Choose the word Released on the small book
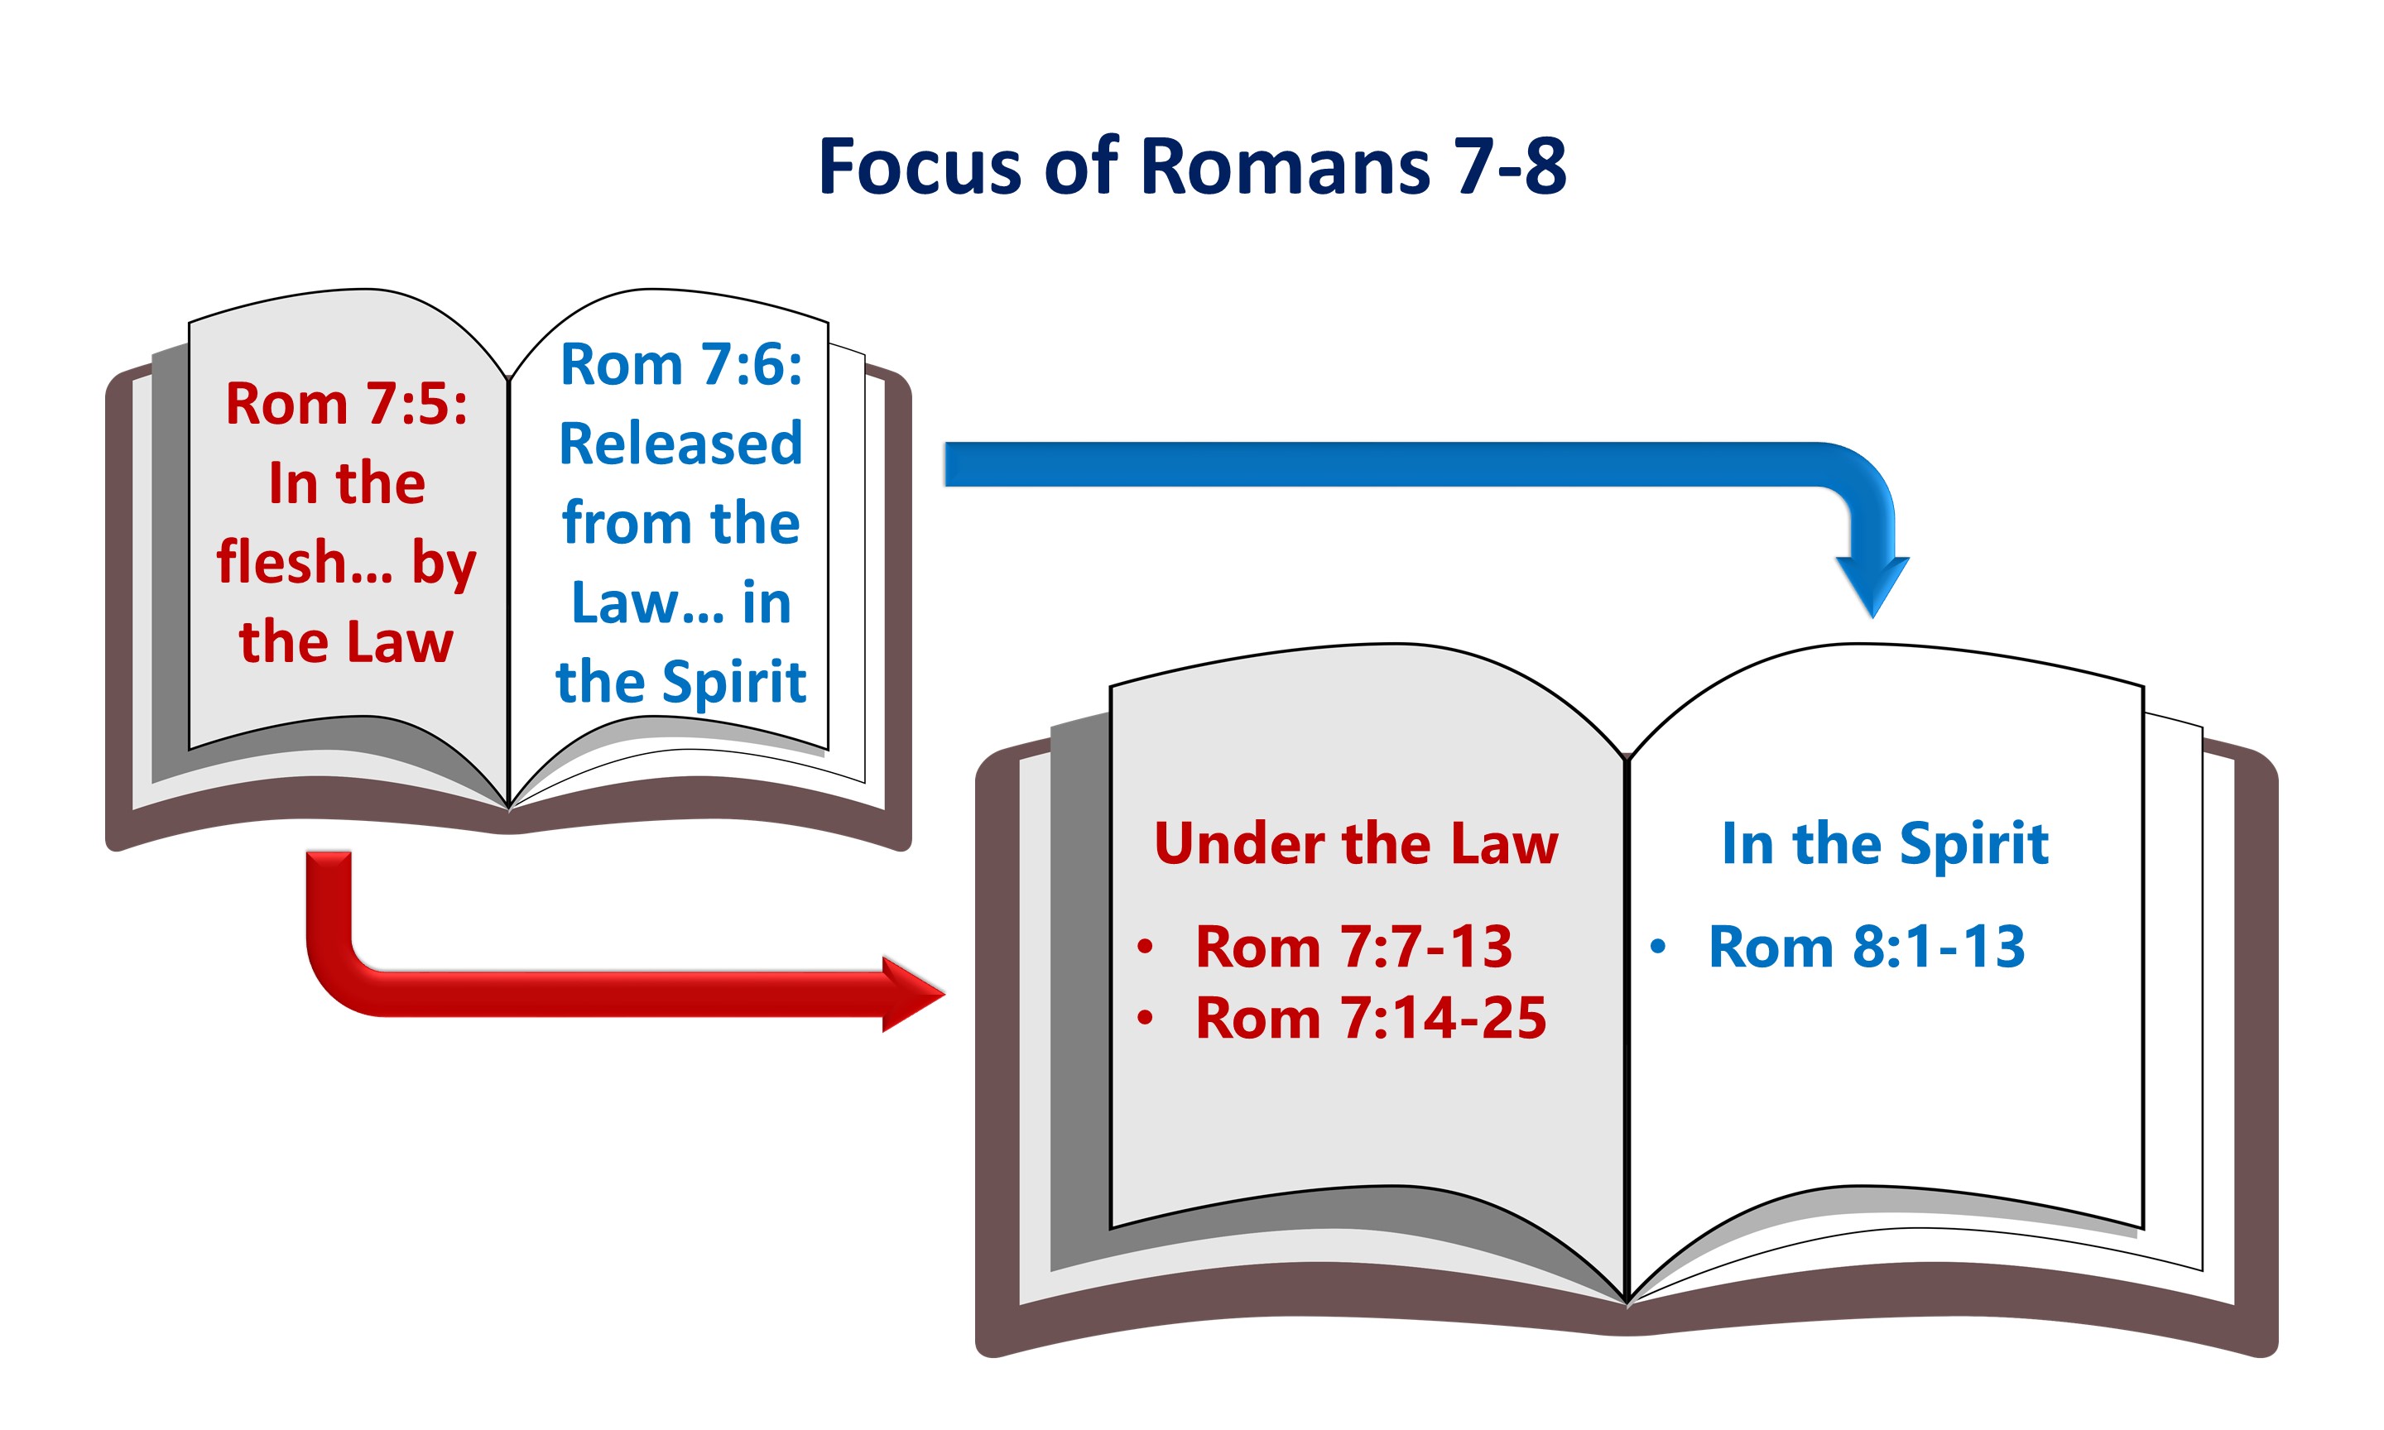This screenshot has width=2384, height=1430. click(x=680, y=444)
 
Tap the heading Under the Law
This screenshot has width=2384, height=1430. click(x=1355, y=843)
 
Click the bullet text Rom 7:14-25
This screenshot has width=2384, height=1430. click(x=1369, y=1018)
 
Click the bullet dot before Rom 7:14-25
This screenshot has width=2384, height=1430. click(x=1145, y=1018)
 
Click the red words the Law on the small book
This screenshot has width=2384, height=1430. click(x=346, y=642)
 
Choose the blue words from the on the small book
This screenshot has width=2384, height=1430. click(x=680, y=523)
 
